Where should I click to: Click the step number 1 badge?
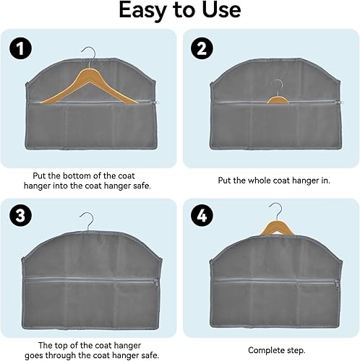point(21,48)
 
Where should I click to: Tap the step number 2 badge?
point(202,48)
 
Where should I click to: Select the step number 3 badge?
point(21,215)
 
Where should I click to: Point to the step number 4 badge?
point(202,215)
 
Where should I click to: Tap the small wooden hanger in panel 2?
point(278,100)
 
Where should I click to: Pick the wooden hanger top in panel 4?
point(277,227)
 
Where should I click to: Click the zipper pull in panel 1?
point(158,103)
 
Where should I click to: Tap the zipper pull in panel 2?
point(340,103)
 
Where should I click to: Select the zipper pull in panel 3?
point(156,284)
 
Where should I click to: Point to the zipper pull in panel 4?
point(338,285)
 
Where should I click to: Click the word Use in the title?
point(221,10)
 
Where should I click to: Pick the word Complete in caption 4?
point(265,350)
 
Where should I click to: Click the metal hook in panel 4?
point(277,211)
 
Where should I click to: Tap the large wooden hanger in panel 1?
point(90,87)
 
